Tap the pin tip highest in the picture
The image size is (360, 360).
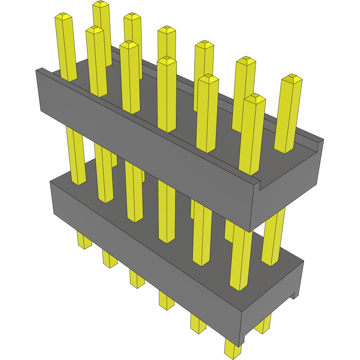click(101, 4)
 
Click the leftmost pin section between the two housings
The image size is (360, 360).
click(76, 156)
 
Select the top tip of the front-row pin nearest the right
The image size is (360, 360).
click(255, 98)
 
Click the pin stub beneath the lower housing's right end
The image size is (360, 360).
click(263, 326)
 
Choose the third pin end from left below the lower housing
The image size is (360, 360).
click(137, 280)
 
